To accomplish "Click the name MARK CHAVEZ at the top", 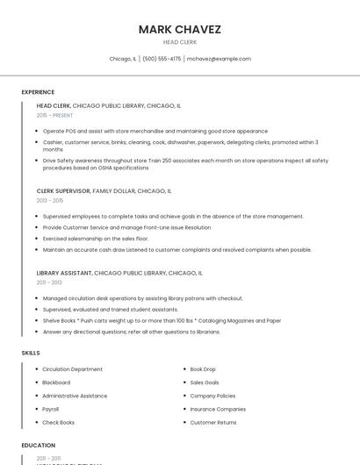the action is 179,29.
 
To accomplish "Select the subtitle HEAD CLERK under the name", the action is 179,42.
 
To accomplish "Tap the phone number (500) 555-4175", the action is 162,59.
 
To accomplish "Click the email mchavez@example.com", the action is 219,59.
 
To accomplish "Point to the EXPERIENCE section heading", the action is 38,92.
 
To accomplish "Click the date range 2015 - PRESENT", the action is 54,115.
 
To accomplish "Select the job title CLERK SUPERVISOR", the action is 63,190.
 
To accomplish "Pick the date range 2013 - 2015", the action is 50,200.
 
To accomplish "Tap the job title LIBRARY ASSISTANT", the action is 64,273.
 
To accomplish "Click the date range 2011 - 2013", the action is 49,283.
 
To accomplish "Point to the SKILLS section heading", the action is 31,353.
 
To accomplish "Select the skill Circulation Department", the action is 73,369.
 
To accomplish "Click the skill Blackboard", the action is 56,383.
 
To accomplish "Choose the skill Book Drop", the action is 203,369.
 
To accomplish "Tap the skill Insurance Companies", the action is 218,409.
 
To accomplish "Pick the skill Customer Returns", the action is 213,422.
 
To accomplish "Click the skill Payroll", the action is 51,409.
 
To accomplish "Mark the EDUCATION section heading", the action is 38,445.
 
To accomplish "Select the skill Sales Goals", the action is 205,383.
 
